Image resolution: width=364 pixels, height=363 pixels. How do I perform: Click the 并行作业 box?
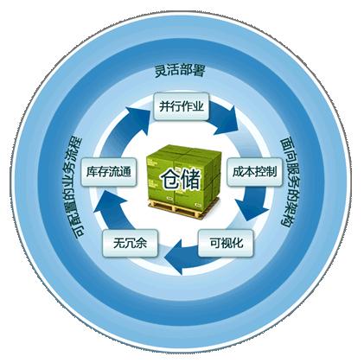[x=182, y=106]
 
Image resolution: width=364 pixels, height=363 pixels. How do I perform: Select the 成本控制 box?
[x=254, y=172]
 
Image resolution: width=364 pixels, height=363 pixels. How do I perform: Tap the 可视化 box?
[x=226, y=243]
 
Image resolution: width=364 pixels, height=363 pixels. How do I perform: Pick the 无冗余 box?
[x=131, y=243]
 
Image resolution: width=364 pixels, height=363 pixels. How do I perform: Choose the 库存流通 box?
[x=109, y=172]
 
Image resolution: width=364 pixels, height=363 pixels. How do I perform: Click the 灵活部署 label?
[x=180, y=70]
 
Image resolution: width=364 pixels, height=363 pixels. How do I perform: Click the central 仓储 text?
[x=181, y=180]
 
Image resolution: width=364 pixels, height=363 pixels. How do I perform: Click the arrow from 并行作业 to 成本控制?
[x=225, y=118]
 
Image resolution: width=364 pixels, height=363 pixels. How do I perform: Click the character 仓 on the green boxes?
[x=170, y=180]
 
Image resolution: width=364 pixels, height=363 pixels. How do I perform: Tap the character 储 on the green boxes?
[x=190, y=180]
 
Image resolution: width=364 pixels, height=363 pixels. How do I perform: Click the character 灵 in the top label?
[x=161, y=71]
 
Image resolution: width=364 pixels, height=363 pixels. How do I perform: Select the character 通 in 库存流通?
[x=125, y=172]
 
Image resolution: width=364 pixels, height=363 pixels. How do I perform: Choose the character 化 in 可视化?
[x=237, y=243]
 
